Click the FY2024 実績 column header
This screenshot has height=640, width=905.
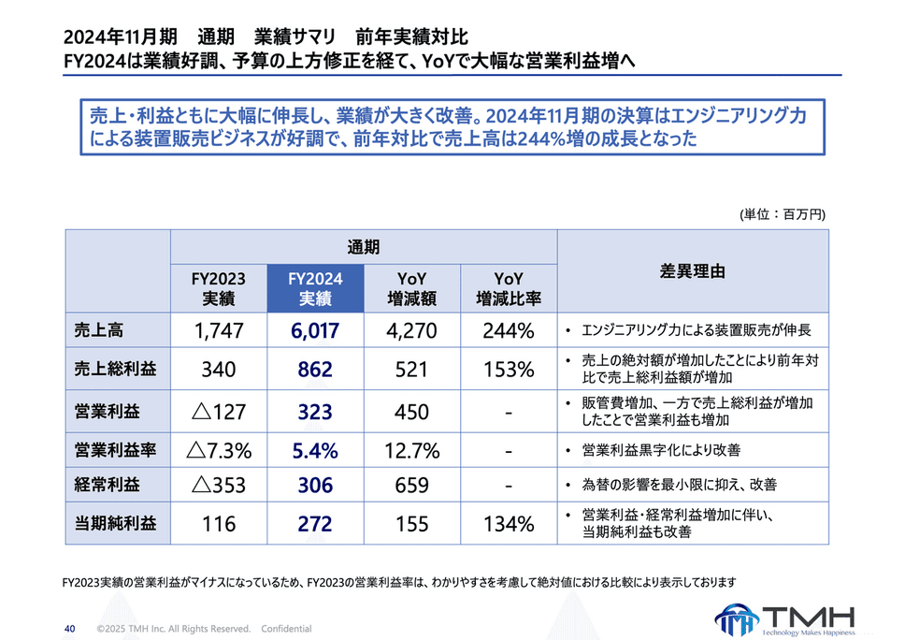coord(315,289)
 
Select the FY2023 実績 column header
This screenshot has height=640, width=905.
coord(218,289)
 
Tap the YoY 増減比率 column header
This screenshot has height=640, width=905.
coord(509,289)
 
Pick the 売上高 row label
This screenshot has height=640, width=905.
coord(100,330)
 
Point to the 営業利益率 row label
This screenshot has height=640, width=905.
coord(115,450)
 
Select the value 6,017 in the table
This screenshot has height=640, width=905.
coord(315,330)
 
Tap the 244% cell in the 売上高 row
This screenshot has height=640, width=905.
coord(509,330)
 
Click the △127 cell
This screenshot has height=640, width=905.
coord(218,412)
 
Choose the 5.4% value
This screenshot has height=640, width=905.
coord(315,450)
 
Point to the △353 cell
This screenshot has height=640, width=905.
coord(218,486)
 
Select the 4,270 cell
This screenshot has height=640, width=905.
coord(412,330)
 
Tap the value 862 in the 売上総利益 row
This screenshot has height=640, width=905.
coord(315,370)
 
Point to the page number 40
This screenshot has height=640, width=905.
coord(69,628)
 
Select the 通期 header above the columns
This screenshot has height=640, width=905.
coord(363,247)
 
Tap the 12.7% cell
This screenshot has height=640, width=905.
coord(412,450)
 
